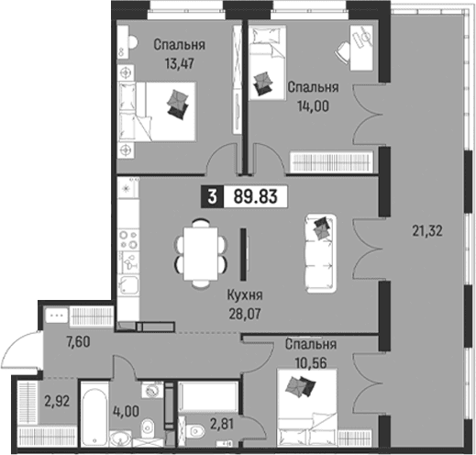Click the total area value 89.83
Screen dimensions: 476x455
[256, 196]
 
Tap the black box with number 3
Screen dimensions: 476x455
[213, 196]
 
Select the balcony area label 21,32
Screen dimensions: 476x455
[427, 231]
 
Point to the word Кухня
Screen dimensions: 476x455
[245, 295]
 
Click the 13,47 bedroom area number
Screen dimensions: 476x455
[180, 64]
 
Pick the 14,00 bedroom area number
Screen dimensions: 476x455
[313, 106]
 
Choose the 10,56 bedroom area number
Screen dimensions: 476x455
[311, 363]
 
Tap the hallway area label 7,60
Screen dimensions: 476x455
[78, 341]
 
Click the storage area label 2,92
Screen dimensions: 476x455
[57, 401]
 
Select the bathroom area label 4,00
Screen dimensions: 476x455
[127, 411]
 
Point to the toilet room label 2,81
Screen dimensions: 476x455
[222, 424]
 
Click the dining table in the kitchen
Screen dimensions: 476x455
[201, 253]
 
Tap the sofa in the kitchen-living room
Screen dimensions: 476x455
[321, 253]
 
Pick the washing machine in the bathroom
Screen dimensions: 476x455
[151, 390]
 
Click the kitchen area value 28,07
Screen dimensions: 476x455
[245, 314]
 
